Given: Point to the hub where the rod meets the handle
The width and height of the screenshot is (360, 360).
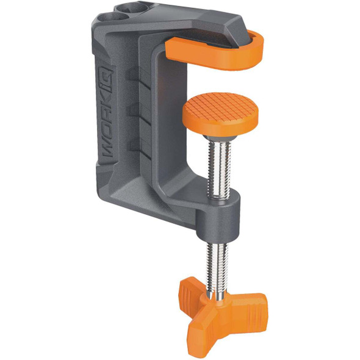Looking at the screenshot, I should point(217,299).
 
